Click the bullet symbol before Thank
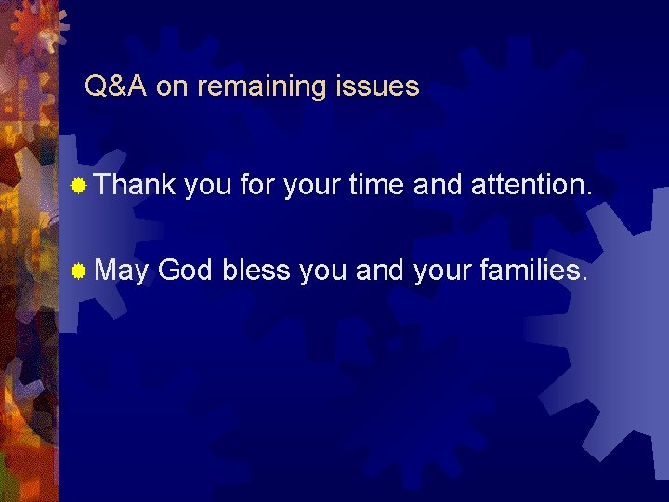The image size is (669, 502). coord(81,186)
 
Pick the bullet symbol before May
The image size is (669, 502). coord(81,271)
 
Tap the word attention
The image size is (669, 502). coord(531,185)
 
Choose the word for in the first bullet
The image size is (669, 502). coord(257,185)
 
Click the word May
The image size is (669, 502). coord(123,271)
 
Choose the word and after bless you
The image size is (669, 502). coord(378,271)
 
